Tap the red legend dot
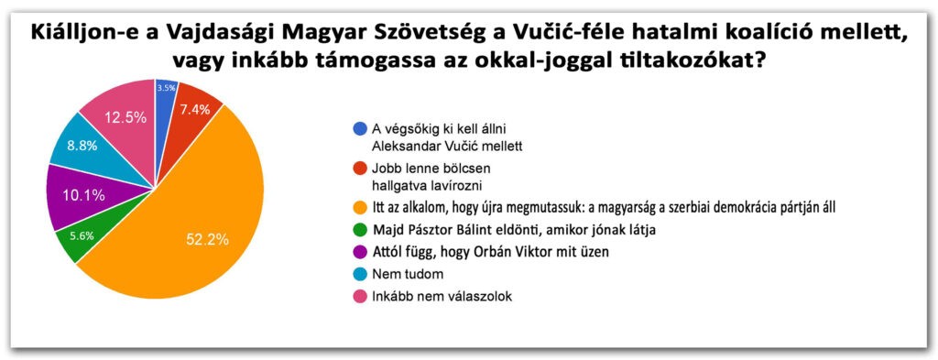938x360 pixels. point(359,168)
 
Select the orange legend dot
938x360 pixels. point(359,207)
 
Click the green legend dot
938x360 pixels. point(359,229)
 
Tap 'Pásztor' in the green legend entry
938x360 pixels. point(430,229)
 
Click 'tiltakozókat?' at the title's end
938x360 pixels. point(688,62)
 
